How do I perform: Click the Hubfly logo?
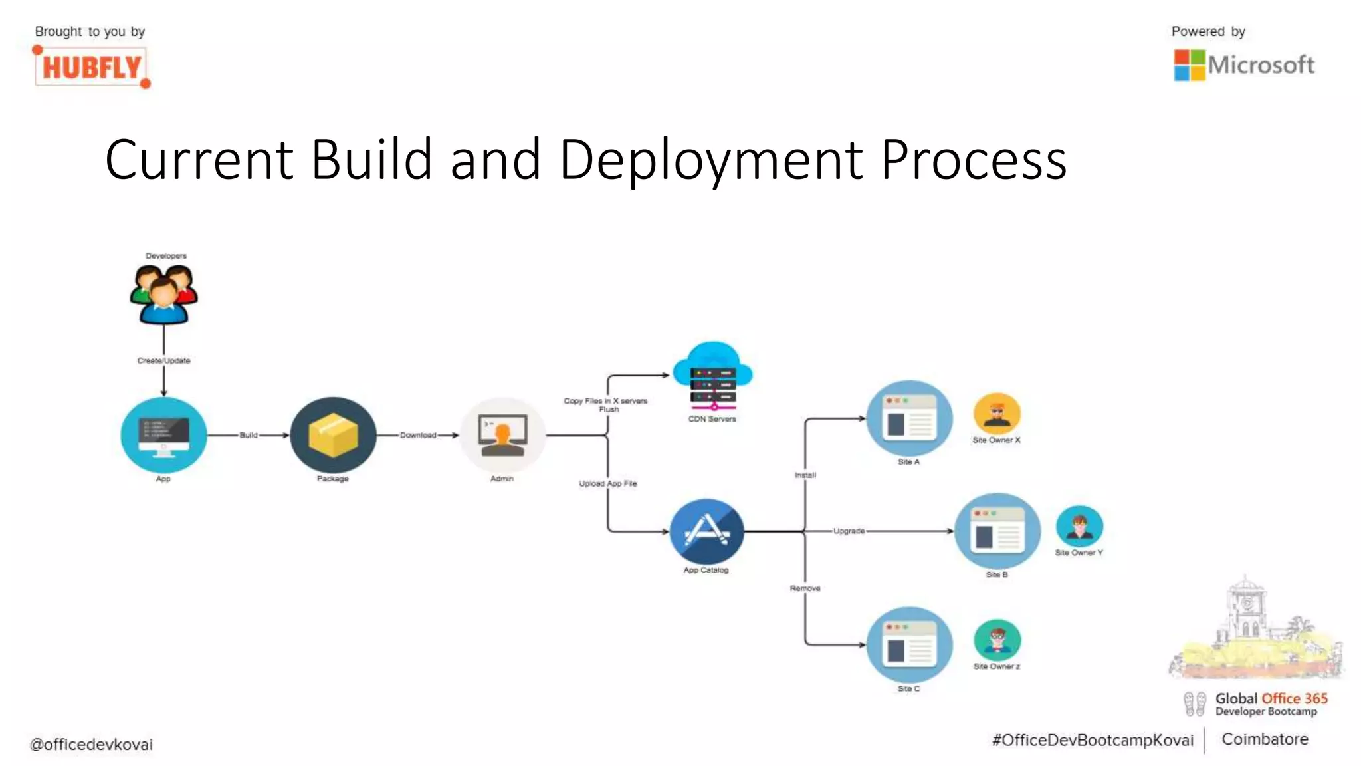click(91, 67)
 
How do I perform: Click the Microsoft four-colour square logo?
click(1189, 65)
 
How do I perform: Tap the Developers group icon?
click(163, 294)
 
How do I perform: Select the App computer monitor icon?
click(163, 435)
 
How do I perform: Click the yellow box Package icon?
click(333, 435)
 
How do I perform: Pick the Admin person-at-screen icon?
click(502, 435)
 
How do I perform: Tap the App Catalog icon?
click(706, 531)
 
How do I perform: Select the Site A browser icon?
click(909, 419)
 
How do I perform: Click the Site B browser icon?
click(997, 531)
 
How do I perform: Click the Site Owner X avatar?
click(997, 414)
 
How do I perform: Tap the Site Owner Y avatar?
click(1079, 526)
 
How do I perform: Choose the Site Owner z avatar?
click(997, 640)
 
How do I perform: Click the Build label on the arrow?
click(249, 435)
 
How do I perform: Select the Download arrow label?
click(418, 435)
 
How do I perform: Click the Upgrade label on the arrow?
click(849, 531)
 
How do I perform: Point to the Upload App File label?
click(607, 483)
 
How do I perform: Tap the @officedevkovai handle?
click(92, 745)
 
